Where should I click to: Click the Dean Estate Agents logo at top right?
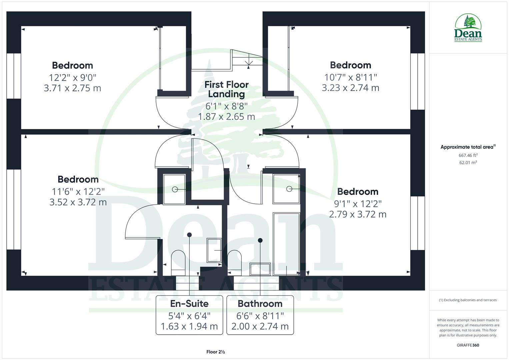[x=468, y=28]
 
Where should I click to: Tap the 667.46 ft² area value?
[x=468, y=155]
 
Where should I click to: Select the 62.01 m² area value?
[x=468, y=163]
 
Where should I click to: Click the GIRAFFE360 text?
[x=468, y=345]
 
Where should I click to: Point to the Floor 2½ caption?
[x=215, y=352]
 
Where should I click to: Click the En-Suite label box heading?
[x=189, y=304]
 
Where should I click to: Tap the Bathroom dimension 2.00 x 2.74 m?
[x=260, y=326]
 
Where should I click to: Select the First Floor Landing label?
[x=227, y=89]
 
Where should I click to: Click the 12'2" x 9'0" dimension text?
[x=73, y=78]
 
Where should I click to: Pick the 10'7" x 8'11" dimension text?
[x=351, y=77]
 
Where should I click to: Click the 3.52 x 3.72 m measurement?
[x=78, y=202]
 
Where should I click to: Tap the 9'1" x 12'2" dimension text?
[x=358, y=203]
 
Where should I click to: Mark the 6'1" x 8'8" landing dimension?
[x=227, y=106]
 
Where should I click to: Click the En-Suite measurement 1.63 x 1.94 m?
[x=189, y=326]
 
